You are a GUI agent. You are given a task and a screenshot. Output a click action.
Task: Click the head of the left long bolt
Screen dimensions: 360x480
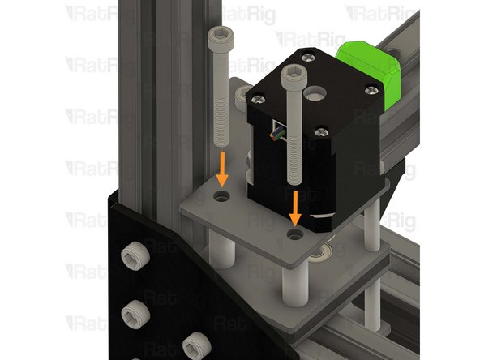[x=218, y=35]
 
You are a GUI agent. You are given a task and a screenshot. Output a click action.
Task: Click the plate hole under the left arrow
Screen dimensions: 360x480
[x=222, y=197]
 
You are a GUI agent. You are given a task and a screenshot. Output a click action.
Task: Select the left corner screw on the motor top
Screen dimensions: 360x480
[x=258, y=97]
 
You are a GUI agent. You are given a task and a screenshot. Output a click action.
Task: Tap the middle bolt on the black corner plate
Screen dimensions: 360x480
[x=132, y=311]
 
